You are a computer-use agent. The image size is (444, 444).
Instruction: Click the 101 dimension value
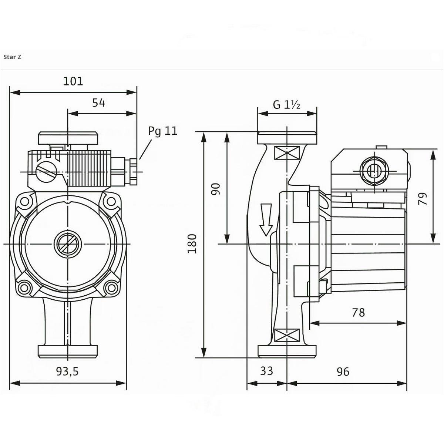pyautogui.click(x=73, y=81)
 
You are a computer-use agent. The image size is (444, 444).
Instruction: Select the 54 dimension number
pyautogui.click(x=99, y=103)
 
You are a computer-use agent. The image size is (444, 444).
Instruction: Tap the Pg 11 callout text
pyautogui.click(x=162, y=131)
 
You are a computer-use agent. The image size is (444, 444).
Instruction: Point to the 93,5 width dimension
pyautogui.click(x=67, y=371)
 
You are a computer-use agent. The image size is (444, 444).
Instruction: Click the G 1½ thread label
pyautogui.click(x=286, y=105)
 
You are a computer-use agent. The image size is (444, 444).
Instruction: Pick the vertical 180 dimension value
pyautogui.click(x=192, y=243)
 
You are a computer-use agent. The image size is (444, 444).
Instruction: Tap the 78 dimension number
pyautogui.click(x=358, y=313)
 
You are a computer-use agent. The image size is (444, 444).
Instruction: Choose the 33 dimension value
pyautogui.click(x=266, y=371)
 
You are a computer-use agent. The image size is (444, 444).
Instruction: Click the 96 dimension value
pyautogui.click(x=343, y=371)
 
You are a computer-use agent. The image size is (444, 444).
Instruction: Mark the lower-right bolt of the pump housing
pyautogui.click(x=111, y=286)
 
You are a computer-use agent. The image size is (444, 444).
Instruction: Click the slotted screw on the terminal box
pyautogui.click(x=47, y=172)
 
